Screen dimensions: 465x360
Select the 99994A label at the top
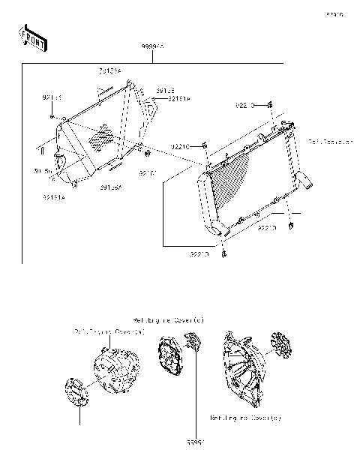point(153,46)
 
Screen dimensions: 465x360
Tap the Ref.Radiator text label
point(325,140)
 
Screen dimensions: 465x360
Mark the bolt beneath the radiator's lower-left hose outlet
point(224,257)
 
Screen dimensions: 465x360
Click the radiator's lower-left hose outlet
point(220,231)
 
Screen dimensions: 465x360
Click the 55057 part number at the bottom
point(197,442)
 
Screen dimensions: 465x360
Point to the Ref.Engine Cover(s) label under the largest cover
point(245,418)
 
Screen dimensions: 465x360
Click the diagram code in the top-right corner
point(333,13)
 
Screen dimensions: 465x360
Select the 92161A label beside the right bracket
point(178,97)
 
